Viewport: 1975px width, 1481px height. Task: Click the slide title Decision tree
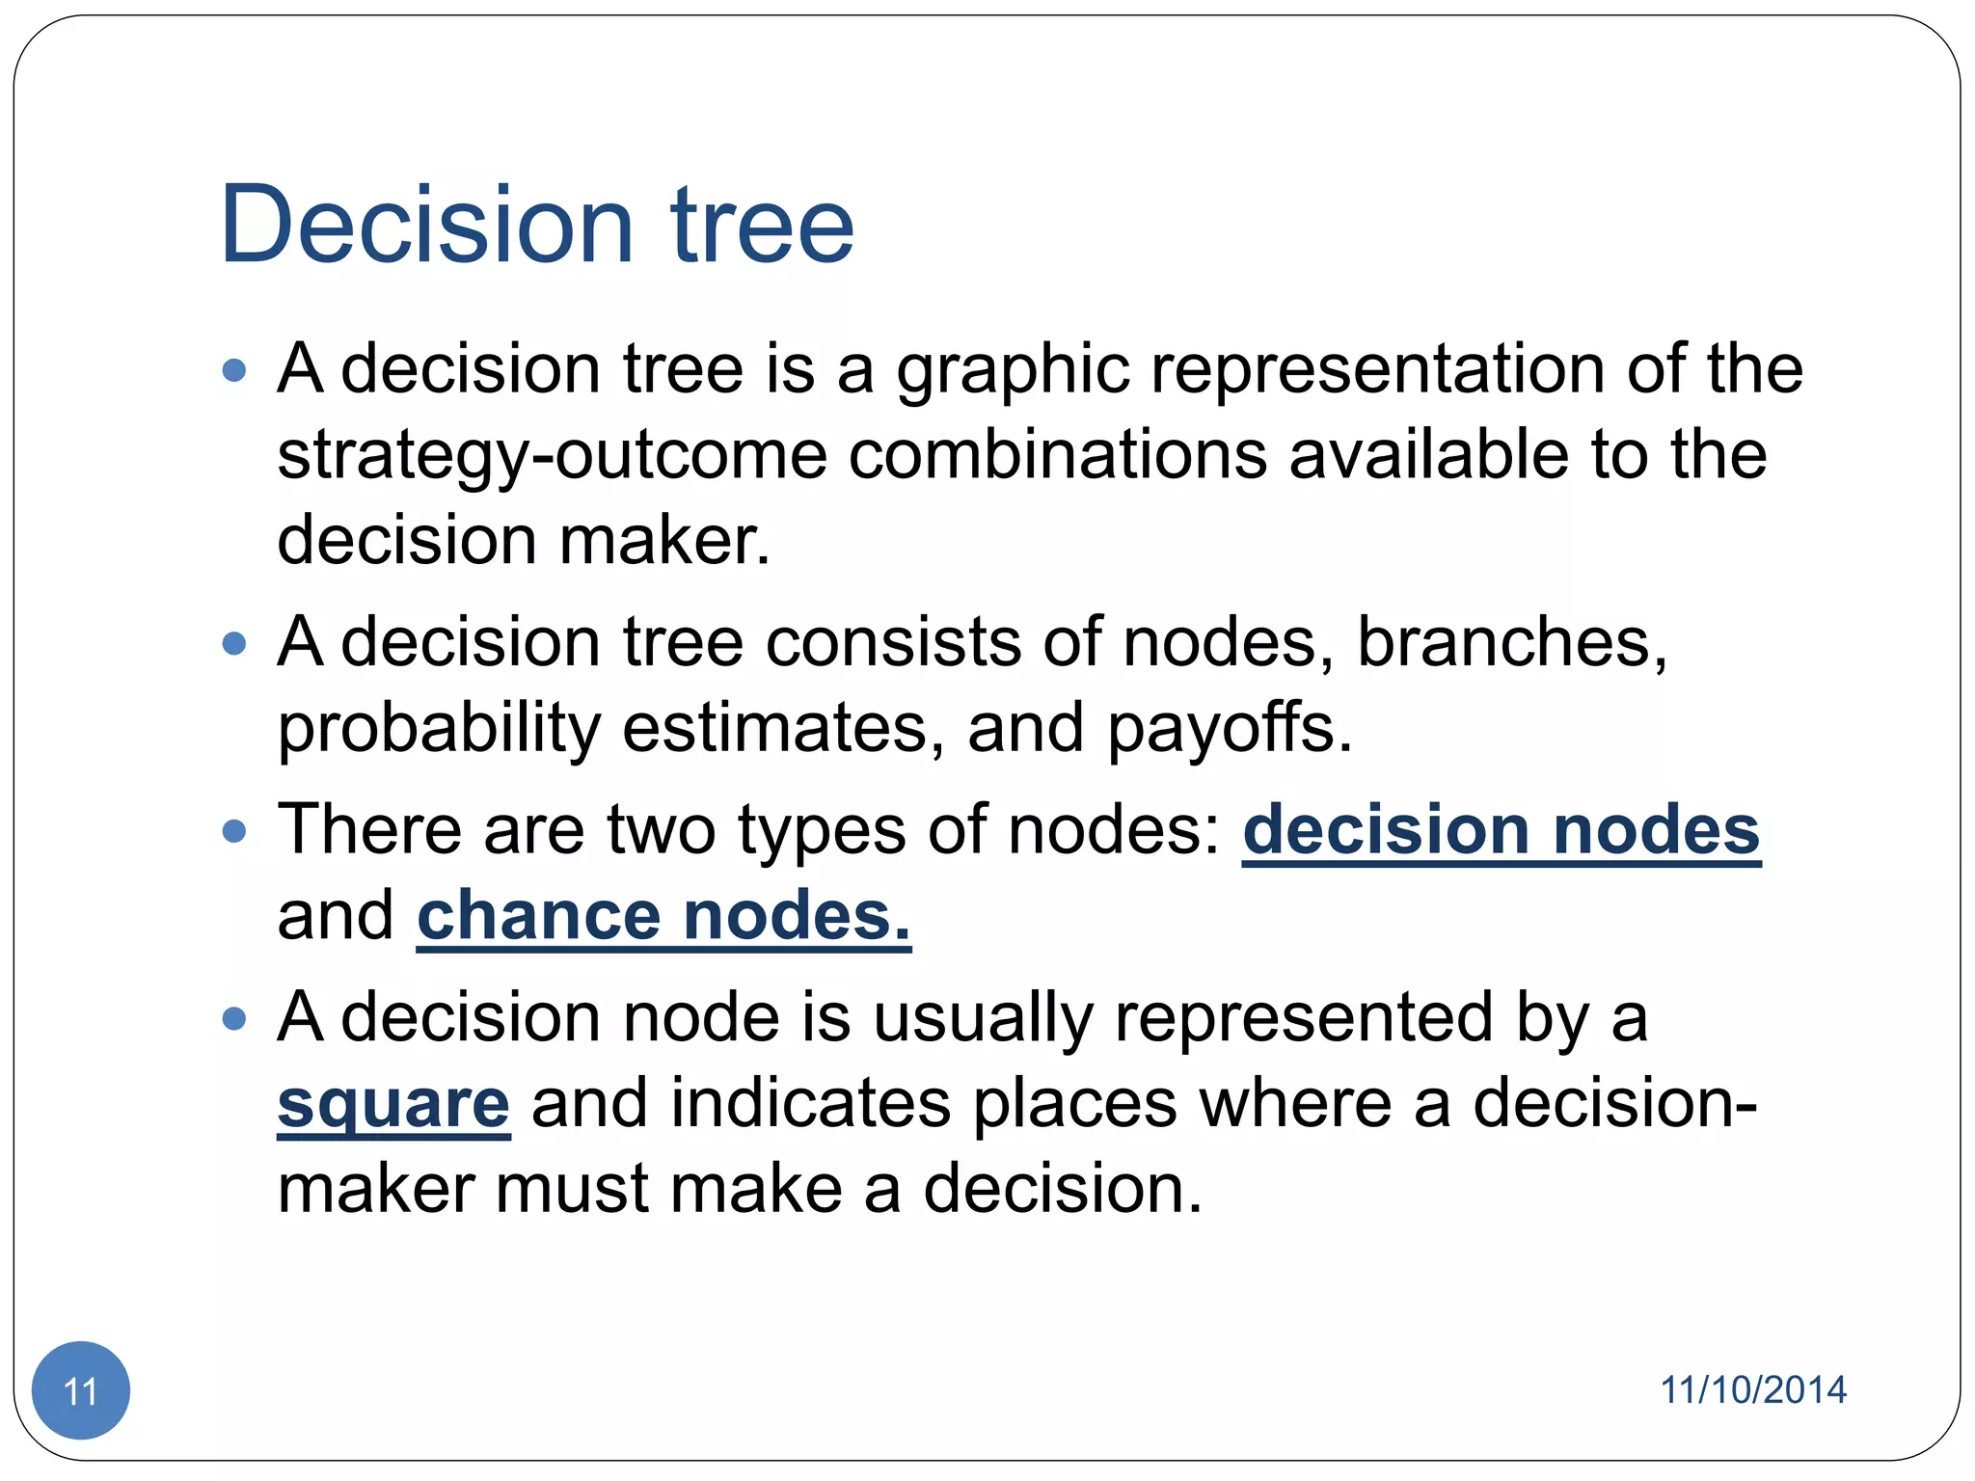point(536,225)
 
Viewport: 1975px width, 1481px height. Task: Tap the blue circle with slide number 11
point(81,1389)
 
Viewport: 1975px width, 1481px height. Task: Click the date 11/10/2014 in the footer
point(1752,1389)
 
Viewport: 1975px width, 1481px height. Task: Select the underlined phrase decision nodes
point(1501,830)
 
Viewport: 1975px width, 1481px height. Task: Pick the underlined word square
point(392,1103)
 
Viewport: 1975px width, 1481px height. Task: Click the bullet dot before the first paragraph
point(234,370)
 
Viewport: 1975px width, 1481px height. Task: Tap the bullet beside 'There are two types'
point(234,830)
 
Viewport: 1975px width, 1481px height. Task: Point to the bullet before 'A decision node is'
point(234,1018)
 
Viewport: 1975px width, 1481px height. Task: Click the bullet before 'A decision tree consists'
point(234,643)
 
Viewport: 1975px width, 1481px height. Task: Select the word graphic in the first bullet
point(1013,371)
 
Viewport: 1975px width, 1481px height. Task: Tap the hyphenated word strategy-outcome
point(552,455)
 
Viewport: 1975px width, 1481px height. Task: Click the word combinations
point(1057,455)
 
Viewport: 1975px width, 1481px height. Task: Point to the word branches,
point(1512,642)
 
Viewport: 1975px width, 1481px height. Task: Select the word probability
point(439,729)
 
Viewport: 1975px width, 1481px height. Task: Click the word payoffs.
point(1230,728)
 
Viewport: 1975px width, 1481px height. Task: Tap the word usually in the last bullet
point(983,1018)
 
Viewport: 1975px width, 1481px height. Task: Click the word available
point(1429,455)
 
